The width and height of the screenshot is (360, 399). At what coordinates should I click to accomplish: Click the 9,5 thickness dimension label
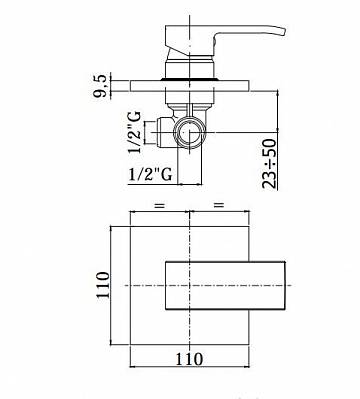pos(100,86)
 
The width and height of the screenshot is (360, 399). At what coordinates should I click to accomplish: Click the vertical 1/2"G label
pos(135,132)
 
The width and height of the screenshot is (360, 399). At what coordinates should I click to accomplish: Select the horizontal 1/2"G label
pos(150,174)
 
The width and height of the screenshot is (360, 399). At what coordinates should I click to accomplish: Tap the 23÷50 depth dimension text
pos(270,164)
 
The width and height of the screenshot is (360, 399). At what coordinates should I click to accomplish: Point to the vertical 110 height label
pos(103,285)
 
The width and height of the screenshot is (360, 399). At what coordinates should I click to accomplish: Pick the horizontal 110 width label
pos(189,359)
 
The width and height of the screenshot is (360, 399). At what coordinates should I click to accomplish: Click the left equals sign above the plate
pos(160,205)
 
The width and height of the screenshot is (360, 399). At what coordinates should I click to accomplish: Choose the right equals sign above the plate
pos(219,205)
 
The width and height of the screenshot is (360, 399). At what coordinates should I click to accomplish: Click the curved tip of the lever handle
pos(283,31)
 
